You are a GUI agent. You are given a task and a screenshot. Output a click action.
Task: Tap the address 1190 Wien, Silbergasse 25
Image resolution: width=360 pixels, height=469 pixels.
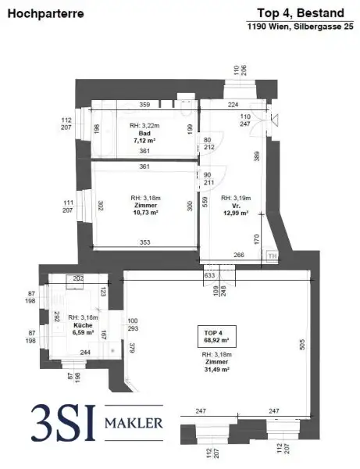pyautogui.click(x=298, y=26)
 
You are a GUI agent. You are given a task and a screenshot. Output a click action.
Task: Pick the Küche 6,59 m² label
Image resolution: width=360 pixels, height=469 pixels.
pyautogui.click(x=81, y=322)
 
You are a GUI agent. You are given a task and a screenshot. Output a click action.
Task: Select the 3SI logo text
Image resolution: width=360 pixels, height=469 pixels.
pyautogui.click(x=60, y=423)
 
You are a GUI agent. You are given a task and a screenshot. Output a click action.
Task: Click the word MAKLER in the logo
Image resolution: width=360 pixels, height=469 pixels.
pyautogui.click(x=137, y=424)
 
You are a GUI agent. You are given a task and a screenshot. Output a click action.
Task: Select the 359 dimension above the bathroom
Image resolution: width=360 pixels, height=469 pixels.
pyautogui.click(x=144, y=104)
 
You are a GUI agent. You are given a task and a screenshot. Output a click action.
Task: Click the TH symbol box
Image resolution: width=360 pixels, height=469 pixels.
pyautogui.click(x=272, y=255)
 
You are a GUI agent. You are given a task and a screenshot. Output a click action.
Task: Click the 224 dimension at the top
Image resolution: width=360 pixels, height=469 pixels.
pyautogui.click(x=233, y=104)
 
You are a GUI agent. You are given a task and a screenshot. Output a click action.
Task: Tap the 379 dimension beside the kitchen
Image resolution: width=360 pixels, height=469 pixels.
pyautogui.click(x=132, y=348)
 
